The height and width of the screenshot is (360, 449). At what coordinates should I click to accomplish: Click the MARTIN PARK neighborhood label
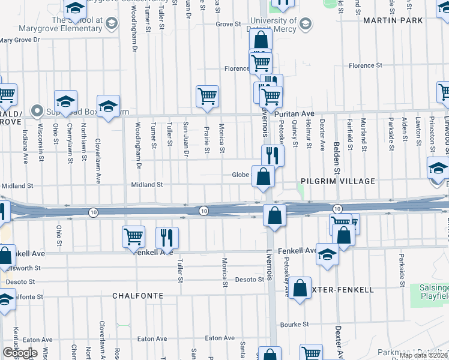393,21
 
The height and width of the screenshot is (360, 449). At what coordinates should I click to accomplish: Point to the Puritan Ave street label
295,113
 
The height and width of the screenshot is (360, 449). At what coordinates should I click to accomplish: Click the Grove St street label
228,25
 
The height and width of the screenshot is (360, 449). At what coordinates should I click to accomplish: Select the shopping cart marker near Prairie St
207,95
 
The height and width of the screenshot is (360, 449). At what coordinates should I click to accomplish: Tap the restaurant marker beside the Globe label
273,155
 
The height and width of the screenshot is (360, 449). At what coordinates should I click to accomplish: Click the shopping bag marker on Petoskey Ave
301,288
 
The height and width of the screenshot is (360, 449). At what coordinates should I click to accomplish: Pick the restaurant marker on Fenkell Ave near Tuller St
167,237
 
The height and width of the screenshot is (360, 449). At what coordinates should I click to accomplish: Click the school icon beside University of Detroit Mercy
305,24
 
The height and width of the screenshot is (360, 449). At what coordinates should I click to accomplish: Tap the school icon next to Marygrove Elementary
110,23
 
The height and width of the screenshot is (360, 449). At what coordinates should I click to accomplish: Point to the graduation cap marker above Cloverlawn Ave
108,106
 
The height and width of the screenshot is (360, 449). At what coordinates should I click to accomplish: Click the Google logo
19,353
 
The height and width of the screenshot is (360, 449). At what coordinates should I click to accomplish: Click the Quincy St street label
295,136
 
